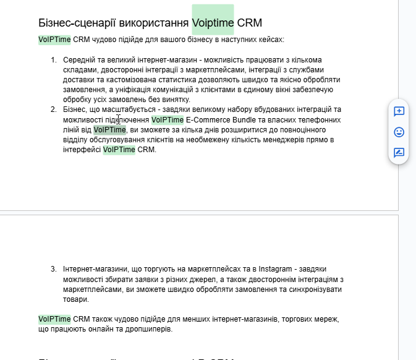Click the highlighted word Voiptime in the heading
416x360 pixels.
point(213,23)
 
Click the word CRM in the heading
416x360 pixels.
point(250,23)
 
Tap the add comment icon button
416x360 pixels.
point(399,111)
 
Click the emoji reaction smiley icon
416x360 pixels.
point(399,132)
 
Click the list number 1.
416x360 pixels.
point(53,60)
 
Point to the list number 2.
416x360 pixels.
point(53,109)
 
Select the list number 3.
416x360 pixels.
point(53,270)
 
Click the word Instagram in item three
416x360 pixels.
point(276,270)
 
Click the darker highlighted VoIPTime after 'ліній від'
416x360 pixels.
point(110,129)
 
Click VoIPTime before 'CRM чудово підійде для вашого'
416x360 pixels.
point(54,40)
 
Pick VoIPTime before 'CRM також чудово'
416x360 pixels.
point(54,319)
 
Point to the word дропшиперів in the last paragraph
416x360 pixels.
point(151,329)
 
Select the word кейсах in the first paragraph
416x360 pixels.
point(270,40)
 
